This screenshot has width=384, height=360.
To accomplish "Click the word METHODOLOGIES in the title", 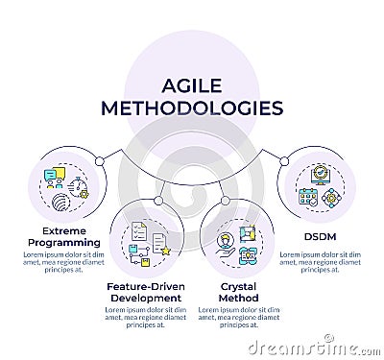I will point(193,108).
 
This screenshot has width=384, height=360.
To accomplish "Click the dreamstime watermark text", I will point(307,346).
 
